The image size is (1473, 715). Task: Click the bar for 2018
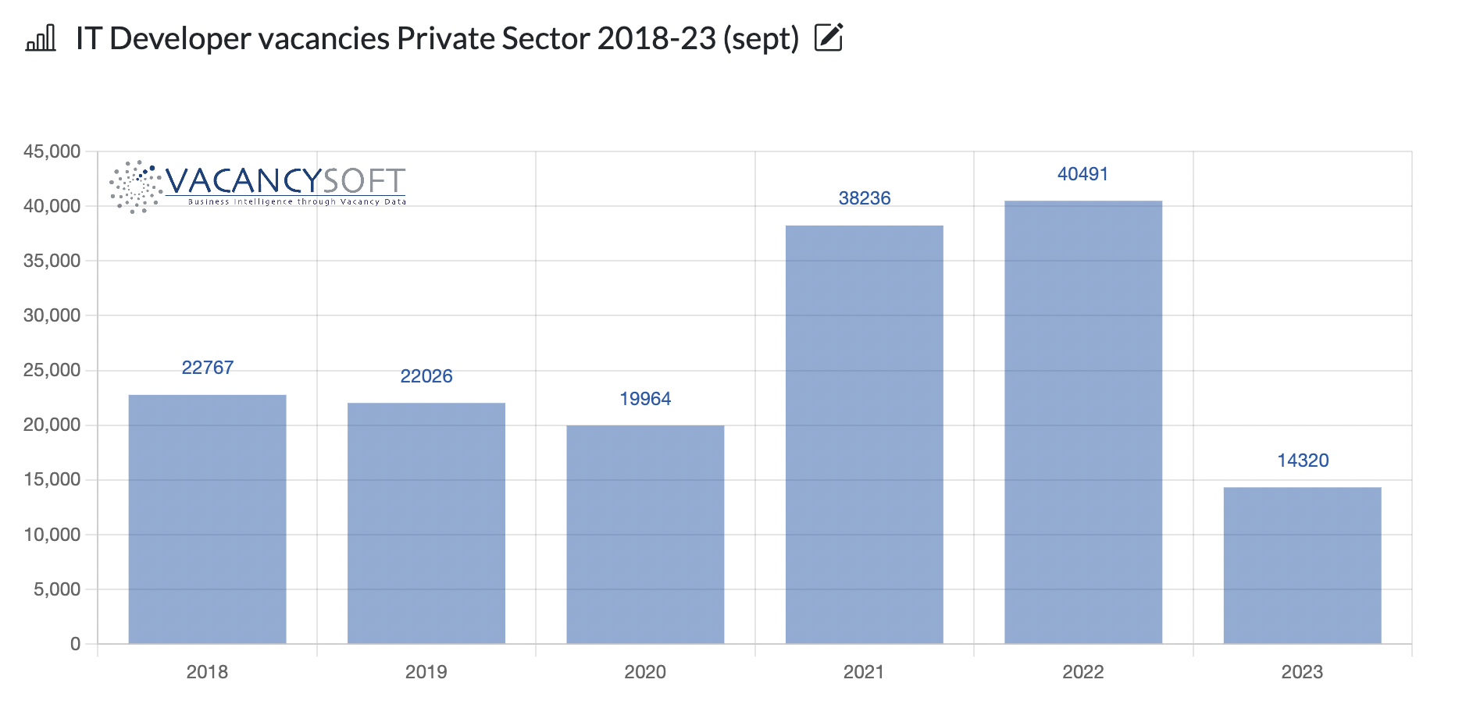[207, 519]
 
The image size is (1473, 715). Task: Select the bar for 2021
[864, 434]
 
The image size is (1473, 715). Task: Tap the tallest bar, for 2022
[1082, 422]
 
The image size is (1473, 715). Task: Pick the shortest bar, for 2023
[1302, 565]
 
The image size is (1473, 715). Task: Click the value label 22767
[207, 368]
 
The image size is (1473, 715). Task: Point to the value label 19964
[645, 399]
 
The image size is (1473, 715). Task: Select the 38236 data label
[864, 198]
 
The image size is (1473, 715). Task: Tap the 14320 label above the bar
[1302, 461]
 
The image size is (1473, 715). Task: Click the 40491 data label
[1082, 174]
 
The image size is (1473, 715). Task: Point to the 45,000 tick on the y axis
[52, 151]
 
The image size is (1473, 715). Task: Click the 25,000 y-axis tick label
[52, 370]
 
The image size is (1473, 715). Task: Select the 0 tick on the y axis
[75, 644]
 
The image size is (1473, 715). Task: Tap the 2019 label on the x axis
[426, 672]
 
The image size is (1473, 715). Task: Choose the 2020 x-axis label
[645, 672]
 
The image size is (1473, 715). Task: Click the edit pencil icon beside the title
[829, 37]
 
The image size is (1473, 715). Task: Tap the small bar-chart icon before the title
[41, 37]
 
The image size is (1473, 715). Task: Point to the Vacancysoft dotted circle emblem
[136, 187]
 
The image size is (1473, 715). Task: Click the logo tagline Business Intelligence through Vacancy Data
[297, 201]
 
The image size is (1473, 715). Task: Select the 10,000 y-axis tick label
[52, 535]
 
